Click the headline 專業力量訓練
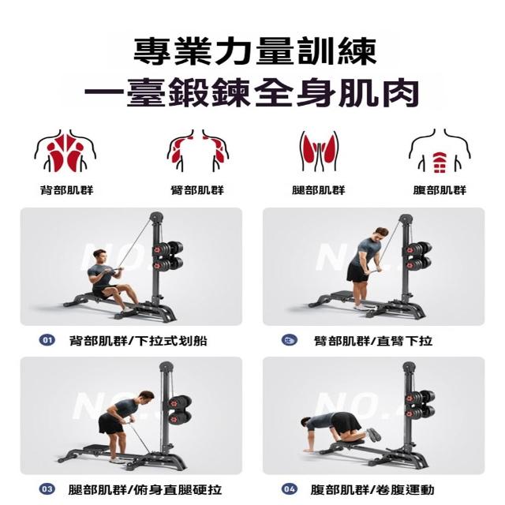tap(255, 51)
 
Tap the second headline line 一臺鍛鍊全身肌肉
tap(252, 93)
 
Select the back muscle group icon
tap(65, 151)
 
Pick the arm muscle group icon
tap(198, 151)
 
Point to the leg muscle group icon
tap(319, 151)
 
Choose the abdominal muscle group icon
tap(440, 151)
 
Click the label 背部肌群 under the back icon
tap(66, 190)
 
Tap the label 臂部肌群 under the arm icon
tap(197, 190)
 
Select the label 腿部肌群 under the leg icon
tap(319, 190)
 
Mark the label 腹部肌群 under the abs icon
tap(440, 190)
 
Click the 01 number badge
tap(47, 340)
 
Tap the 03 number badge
tap(47, 489)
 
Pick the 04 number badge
tap(290, 489)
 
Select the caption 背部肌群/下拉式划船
tap(138, 341)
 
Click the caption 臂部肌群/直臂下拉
tap(373, 341)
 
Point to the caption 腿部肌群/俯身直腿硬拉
tap(145, 490)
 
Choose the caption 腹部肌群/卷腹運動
tap(372, 490)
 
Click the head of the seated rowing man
tap(99, 256)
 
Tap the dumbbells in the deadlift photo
tap(180, 410)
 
